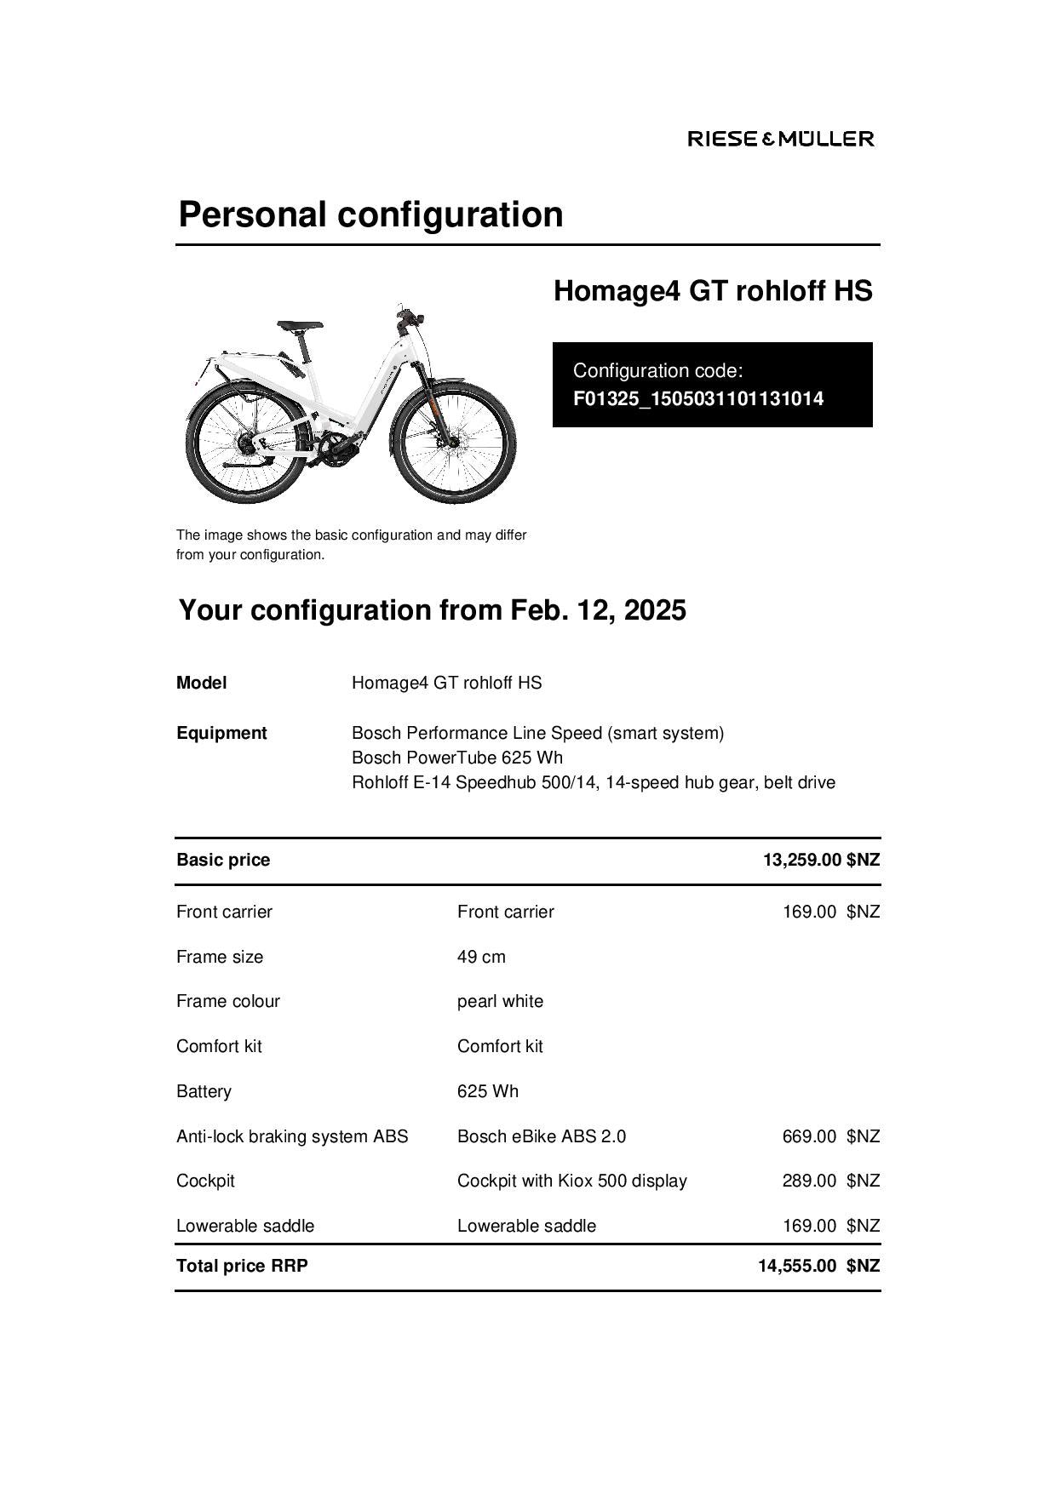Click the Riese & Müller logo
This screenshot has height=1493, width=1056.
[780, 139]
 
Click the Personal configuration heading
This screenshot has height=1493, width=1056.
[370, 214]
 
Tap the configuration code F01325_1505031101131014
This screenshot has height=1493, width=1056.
[697, 398]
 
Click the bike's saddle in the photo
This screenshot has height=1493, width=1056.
[300, 325]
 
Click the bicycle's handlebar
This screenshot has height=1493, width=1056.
[410, 316]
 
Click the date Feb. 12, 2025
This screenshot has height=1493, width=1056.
[598, 610]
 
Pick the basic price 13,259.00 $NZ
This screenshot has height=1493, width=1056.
[820, 860]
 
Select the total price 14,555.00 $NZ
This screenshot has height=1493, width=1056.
[818, 1266]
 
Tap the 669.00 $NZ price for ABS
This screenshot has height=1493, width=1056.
[830, 1136]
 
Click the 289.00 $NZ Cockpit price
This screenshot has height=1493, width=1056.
[830, 1181]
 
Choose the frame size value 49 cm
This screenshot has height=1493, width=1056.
[481, 957]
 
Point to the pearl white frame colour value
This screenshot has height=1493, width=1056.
[500, 1001]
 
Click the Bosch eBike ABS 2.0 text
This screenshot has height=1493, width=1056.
[541, 1136]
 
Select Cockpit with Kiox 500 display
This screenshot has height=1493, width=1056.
[571, 1181]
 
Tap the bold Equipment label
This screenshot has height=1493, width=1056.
[221, 733]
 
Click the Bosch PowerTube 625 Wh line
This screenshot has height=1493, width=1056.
[457, 758]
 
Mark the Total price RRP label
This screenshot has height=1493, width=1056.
[242, 1266]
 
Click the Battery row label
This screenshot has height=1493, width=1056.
[204, 1091]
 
